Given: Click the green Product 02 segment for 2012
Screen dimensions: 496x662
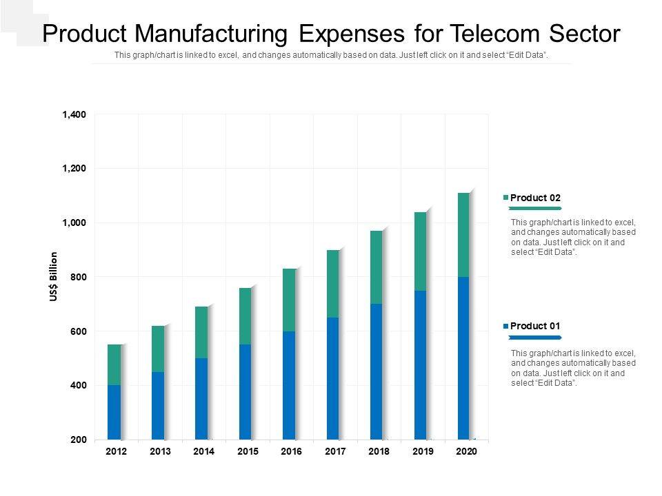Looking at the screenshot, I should [114, 364].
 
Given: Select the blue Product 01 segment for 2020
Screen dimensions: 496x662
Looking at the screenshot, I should [463, 358].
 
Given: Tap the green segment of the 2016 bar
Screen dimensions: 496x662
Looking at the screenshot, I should [289, 300].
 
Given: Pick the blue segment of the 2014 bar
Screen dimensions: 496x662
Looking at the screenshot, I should [201, 398].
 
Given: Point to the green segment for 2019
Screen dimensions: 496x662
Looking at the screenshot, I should [420, 251].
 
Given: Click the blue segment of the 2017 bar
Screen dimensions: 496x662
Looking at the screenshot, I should [332, 378].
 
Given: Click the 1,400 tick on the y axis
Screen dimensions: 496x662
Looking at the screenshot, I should [74, 114].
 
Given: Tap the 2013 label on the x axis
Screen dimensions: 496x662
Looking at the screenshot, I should [160, 452].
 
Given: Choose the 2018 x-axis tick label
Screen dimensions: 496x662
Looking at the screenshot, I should [379, 452].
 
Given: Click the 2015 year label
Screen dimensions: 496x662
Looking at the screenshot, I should [248, 452].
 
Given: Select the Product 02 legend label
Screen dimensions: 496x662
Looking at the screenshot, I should [535, 198].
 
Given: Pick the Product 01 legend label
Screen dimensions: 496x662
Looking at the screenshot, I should [535, 326].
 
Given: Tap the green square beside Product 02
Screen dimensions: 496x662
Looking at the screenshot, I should [506, 198].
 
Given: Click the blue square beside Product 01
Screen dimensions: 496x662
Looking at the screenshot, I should [506, 326].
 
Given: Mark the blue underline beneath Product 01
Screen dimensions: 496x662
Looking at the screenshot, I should [534, 338].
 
